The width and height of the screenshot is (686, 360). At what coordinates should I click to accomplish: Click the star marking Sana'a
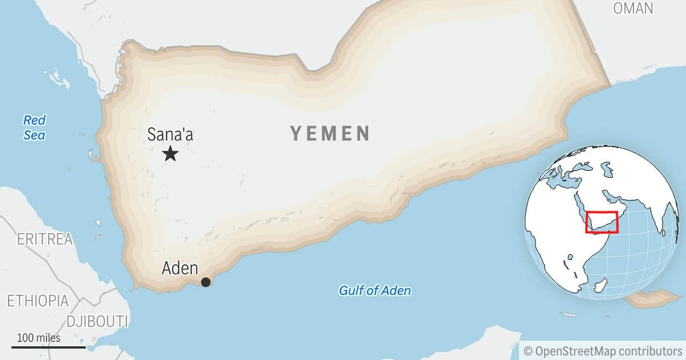click(x=170, y=154)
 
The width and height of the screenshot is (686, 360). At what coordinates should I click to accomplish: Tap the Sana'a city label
click(x=170, y=135)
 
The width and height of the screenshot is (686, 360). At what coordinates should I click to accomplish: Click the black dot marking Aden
click(x=206, y=282)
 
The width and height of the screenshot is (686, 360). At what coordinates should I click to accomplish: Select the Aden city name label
click(x=180, y=268)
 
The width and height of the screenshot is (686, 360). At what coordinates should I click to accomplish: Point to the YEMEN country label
click(x=330, y=134)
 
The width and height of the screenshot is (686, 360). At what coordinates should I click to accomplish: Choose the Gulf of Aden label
click(x=374, y=290)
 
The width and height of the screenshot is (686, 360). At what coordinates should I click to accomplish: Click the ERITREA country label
click(x=45, y=239)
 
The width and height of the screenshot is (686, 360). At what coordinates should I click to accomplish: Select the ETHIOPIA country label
click(x=38, y=301)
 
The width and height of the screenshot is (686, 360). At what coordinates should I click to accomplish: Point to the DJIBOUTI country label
click(x=97, y=321)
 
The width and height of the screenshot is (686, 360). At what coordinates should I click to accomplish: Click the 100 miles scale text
click(x=38, y=338)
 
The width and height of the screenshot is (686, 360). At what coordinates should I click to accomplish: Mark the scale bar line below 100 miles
click(x=49, y=347)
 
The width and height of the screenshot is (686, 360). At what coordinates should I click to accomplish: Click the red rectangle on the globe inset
click(x=602, y=222)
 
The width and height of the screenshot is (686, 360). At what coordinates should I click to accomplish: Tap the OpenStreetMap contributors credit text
click(x=608, y=350)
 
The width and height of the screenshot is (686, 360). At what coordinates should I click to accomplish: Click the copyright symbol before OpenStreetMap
click(x=528, y=350)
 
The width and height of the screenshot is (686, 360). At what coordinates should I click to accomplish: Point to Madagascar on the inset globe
click(x=600, y=284)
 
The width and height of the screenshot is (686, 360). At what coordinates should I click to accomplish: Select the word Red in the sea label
click(x=34, y=121)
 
